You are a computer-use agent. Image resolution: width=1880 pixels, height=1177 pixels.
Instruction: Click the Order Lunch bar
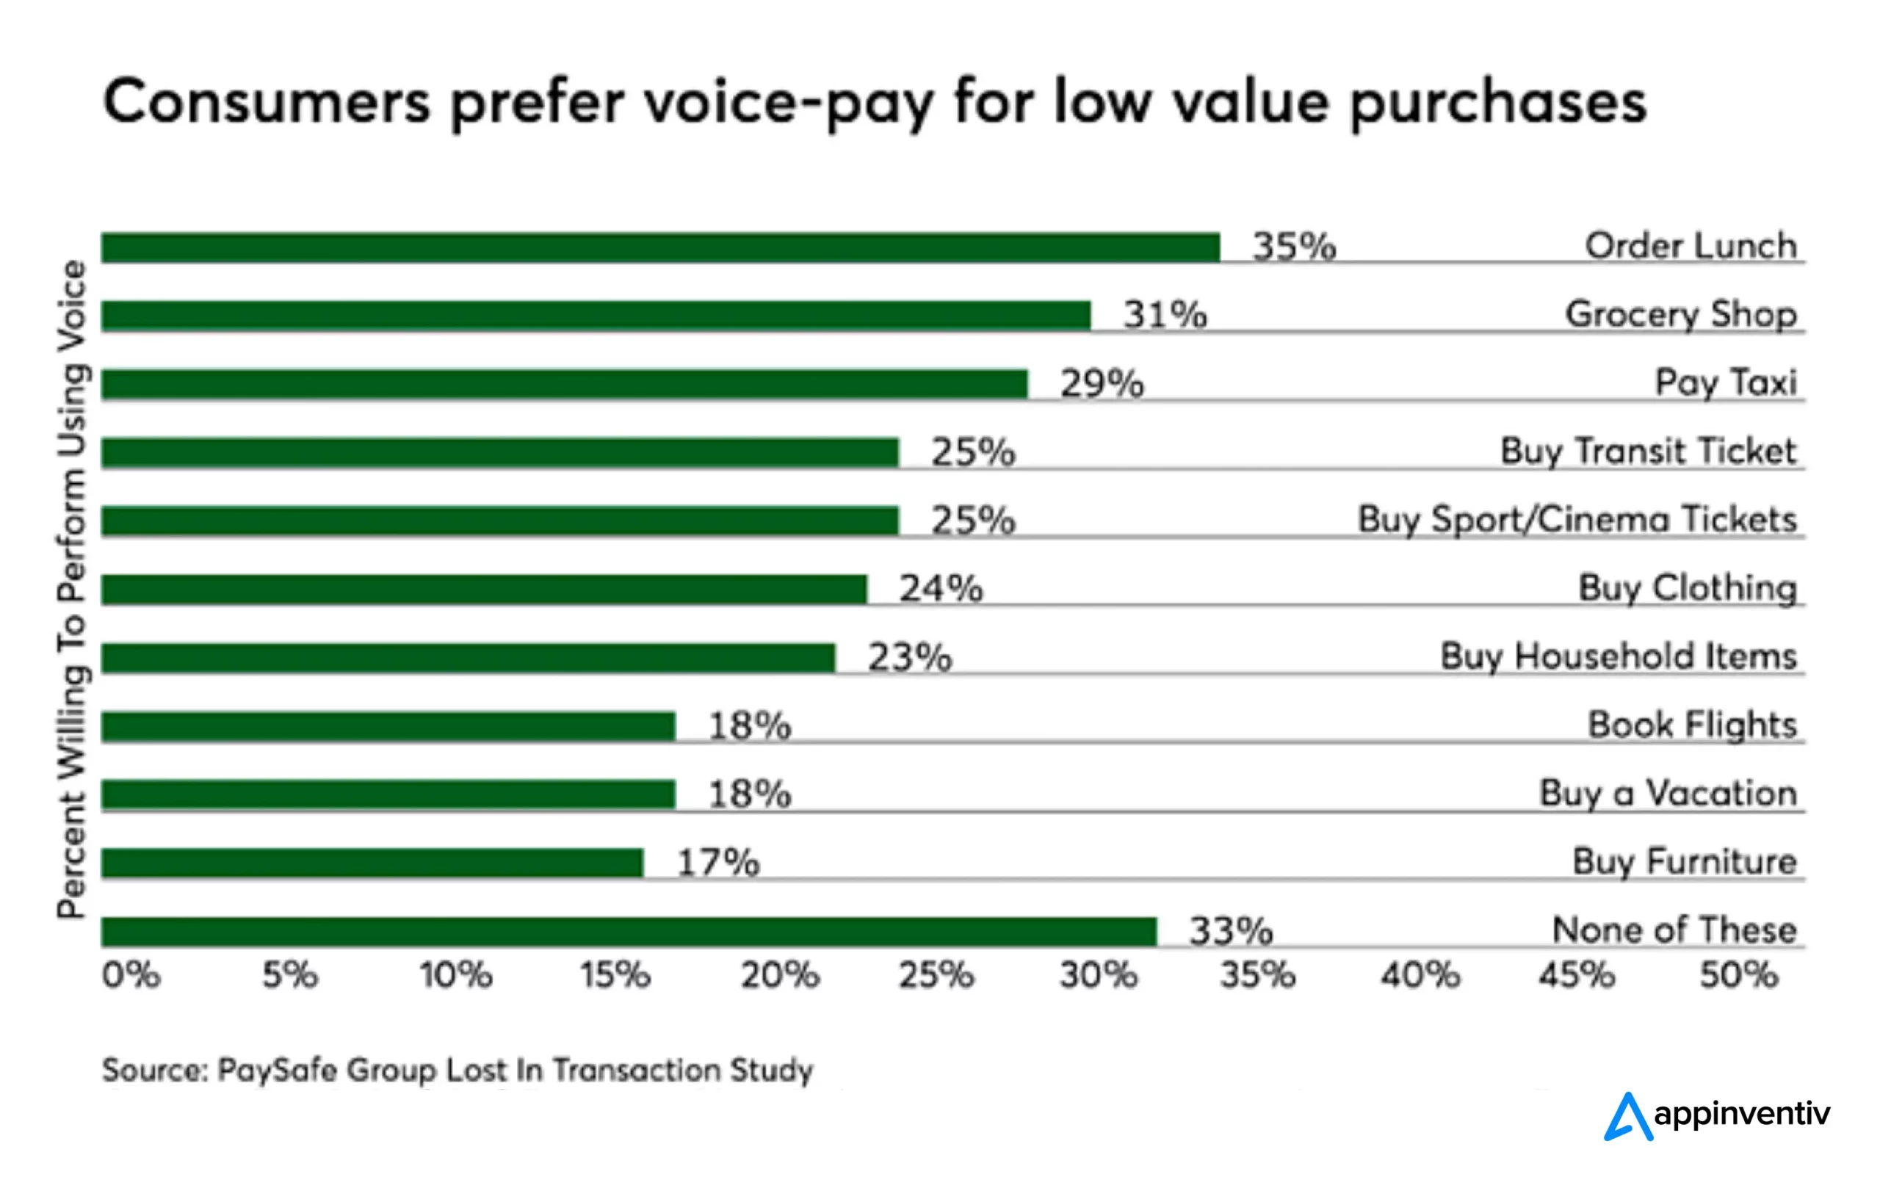click(x=660, y=247)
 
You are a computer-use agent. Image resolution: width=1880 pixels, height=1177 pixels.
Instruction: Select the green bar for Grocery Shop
click(x=596, y=316)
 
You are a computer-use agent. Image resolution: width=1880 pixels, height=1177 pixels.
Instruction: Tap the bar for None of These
click(x=628, y=932)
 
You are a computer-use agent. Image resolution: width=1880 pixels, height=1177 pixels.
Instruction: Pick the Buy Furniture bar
click(x=372, y=863)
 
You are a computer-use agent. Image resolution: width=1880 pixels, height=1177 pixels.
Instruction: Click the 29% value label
click(x=1102, y=384)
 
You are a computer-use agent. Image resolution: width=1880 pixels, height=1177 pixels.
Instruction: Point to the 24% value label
click(x=941, y=589)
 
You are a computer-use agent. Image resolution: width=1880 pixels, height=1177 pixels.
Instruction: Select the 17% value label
click(x=717, y=863)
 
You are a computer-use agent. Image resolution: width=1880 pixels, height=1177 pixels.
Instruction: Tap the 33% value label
click(x=1230, y=931)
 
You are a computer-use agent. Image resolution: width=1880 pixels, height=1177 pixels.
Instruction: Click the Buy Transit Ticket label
click(x=1647, y=452)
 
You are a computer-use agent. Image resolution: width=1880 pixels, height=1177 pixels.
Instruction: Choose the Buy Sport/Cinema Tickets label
click(x=1577, y=520)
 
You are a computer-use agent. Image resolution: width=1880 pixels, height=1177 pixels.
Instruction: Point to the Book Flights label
click(x=1691, y=725)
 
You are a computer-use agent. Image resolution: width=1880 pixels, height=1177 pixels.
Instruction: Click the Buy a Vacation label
click(x=1668, y=794)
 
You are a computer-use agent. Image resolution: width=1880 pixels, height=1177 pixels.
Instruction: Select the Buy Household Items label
click(x=1618, y=657)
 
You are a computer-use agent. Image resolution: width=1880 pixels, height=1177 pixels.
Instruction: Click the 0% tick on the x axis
click(x=131, y=974)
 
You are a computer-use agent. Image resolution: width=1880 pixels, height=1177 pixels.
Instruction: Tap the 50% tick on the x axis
click(x=1738, y=974)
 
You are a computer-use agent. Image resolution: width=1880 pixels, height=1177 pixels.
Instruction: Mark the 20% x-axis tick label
click(x=779, y=974)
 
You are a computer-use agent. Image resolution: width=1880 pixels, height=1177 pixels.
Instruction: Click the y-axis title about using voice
click(x=72, y=589)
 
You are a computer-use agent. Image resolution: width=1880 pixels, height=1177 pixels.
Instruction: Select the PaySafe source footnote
click(x=458, y=1071)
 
